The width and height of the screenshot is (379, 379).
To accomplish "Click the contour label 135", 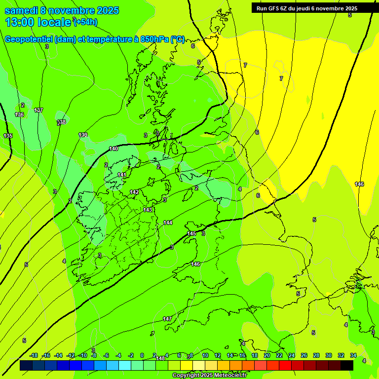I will coord(8,136).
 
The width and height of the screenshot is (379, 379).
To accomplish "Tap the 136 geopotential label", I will coord(19,114).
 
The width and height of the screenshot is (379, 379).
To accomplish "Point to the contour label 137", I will coord(38,110).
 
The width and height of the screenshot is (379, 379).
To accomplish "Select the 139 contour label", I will coord(83,135).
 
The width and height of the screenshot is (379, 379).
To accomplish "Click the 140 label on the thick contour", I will coord(114,149).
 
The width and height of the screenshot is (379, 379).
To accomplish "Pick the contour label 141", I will coord(122,175).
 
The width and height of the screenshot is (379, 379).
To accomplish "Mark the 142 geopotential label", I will coord(134,192).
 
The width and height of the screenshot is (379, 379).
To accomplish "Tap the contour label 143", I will coord(148,210).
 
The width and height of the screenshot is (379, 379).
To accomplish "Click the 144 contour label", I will coord(168,223).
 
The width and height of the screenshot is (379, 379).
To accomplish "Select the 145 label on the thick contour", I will coord(191,233).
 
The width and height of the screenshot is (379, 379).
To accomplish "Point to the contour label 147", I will coord(167,319).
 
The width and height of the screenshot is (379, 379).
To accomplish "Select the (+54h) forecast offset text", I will coord(85,22).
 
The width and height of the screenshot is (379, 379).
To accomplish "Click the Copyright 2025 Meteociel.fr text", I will coord(209,375).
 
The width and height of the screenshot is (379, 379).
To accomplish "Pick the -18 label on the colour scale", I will coord(34,355).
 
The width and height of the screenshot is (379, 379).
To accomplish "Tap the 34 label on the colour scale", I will coord(353,355).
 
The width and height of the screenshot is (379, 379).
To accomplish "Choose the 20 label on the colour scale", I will coord(266,355).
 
